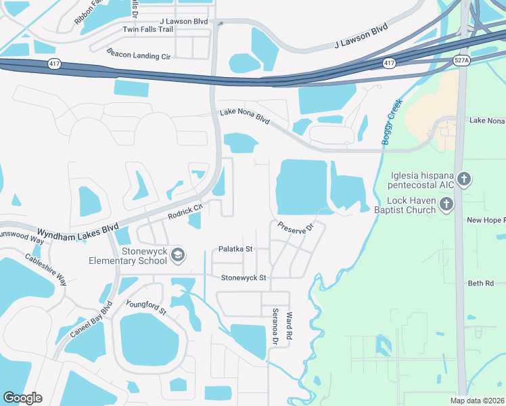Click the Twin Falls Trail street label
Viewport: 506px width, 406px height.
point(148,30)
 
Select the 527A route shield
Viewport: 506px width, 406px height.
point(461,60)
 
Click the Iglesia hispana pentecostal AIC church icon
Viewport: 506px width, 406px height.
point(463,179)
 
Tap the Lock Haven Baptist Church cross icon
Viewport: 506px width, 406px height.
point(446,204)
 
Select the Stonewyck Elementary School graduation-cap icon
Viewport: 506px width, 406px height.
point(177,255)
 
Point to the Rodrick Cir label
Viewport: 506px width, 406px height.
point(185,212)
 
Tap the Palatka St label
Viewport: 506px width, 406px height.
point(235,249)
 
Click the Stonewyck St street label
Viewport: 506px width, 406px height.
point(244,277)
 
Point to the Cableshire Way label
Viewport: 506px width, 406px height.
point(46,269)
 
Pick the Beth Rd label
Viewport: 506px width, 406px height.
point(480,284)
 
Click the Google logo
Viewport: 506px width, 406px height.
point(22,398)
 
